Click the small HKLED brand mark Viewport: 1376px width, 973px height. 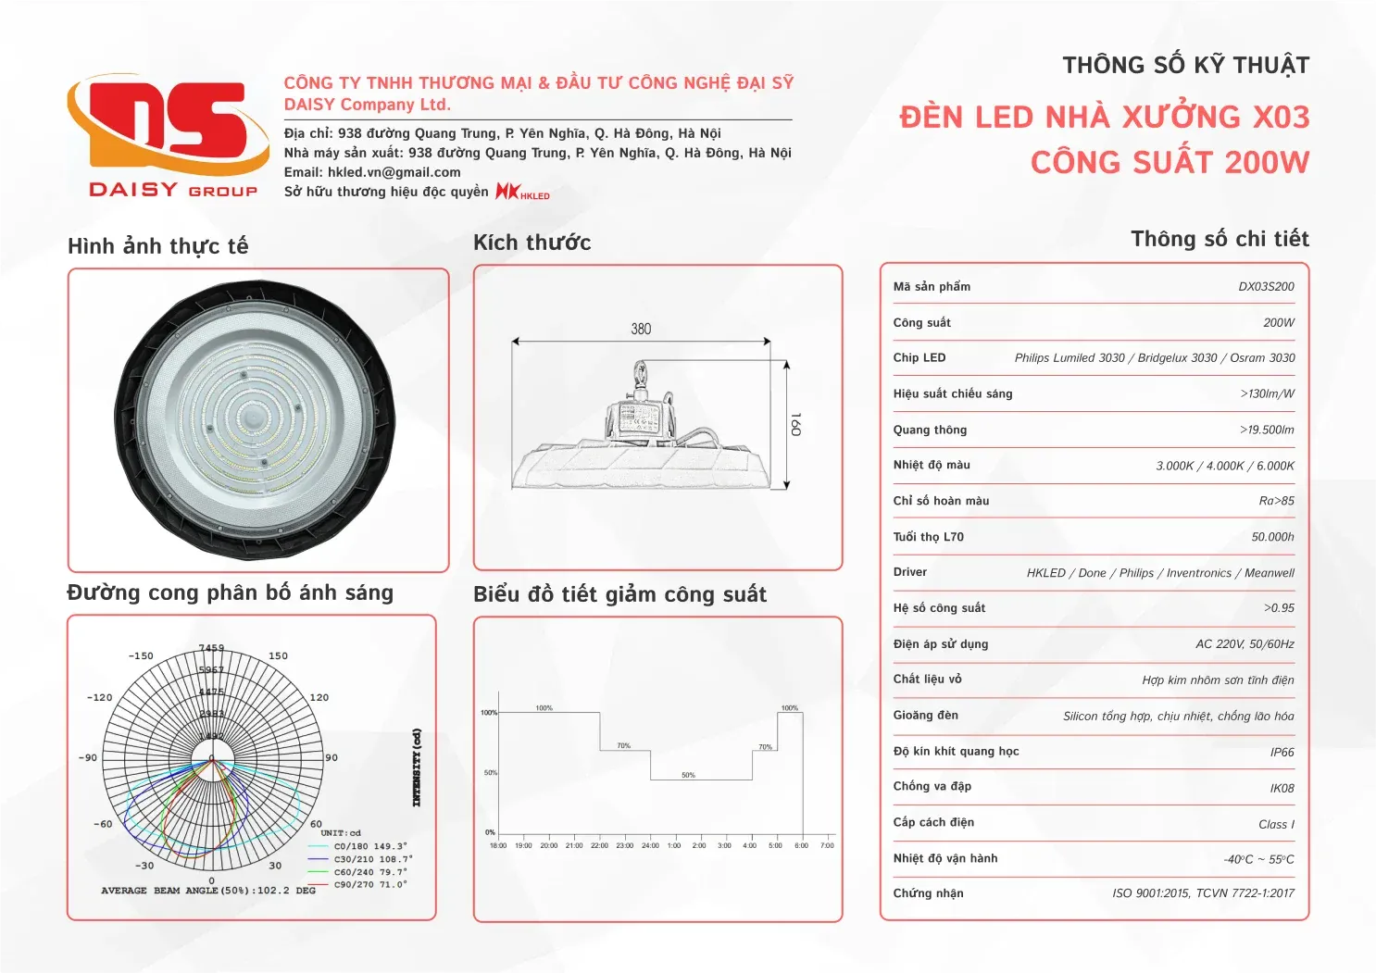coord(522,192)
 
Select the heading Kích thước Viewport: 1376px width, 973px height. coord(532,243)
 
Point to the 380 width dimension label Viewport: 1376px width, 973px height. coord(641,329)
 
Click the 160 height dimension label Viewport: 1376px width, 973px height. coord(795,424)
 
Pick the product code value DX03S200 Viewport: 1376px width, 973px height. coord(1266,287)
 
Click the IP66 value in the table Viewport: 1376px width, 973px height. coord(1282,753)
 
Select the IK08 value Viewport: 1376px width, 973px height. coord(1282,789)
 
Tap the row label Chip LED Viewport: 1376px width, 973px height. coord(919,358)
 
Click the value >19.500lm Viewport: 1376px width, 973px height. coord(1267,430)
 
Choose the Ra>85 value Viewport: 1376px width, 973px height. coord(1276,502)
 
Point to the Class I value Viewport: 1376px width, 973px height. coord(1276,825)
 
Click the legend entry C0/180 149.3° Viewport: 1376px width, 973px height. coord(369,846)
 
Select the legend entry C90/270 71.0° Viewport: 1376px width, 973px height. coord(369,885)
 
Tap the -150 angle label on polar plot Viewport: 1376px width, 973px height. coord(141,656)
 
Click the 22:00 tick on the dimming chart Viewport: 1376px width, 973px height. coord(599,845)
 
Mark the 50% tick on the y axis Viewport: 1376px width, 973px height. coord(490,772)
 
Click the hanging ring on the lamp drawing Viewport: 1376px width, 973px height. coord(640,373)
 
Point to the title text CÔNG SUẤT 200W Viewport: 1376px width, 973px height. coord(1170,163)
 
